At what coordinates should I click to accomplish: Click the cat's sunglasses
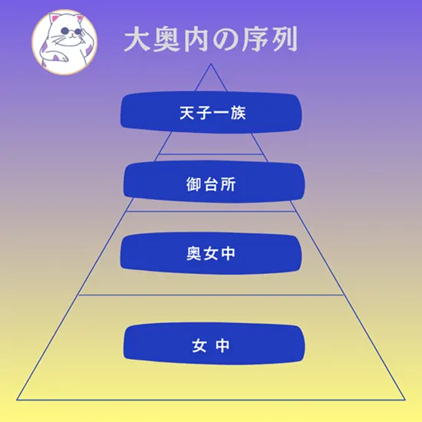[71, 31]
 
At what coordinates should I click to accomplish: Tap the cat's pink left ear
[55, 19]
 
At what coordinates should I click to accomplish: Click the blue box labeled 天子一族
[211, 112]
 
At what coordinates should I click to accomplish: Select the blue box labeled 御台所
[214, 182]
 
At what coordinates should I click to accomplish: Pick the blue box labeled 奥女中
[211, 253]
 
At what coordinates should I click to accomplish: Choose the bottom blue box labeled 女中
[214, 344]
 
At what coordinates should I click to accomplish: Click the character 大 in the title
[137, 39]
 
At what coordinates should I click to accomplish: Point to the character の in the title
[225, 40]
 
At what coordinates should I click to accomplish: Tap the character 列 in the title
[284, 39]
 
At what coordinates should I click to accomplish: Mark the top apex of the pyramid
[211, 64]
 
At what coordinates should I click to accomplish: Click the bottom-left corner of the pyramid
[17, 400]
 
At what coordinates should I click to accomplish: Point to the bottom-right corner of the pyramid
[405, 400]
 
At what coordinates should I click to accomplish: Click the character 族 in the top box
[238, 113]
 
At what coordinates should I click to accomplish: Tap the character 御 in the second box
[193, 184]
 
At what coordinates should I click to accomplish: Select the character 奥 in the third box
[194, 253]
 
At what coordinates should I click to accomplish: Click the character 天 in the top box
[186, 113]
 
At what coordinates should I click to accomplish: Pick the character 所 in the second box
[229, 184]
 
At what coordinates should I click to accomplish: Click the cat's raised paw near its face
[88, 35]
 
